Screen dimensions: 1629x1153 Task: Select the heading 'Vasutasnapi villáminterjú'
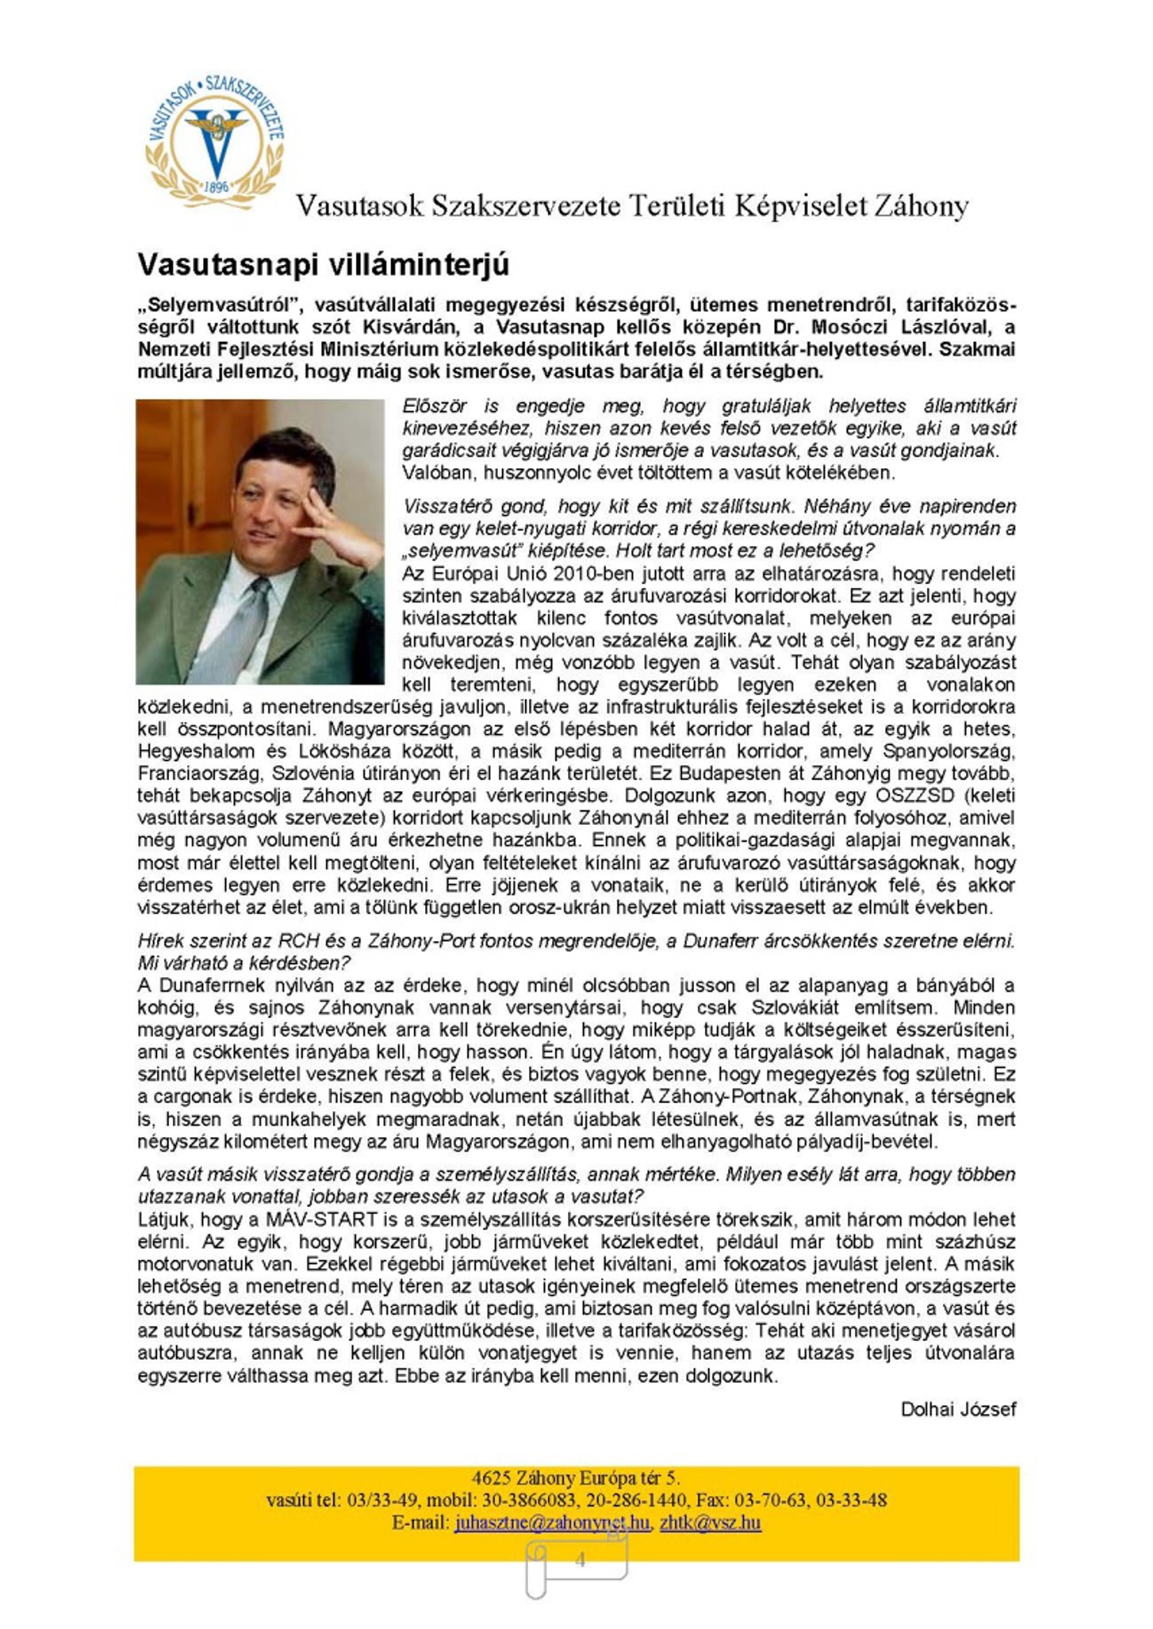coord(323,264)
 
